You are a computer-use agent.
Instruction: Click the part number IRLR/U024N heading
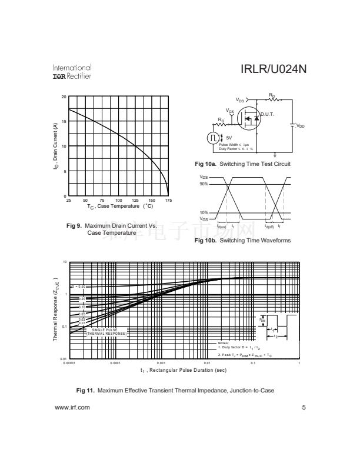click(x=274, y=70)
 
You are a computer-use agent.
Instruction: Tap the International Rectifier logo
click(x=72, y=72)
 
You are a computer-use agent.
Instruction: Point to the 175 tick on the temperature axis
click(x=168, y=201)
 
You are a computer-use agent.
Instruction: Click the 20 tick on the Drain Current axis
click(x=64, y=96)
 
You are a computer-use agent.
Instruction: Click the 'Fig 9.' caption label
click(x=75, y=226)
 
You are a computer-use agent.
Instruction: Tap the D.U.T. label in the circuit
click(x=268, y=114)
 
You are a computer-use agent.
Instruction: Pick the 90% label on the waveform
click(x=204, y=184)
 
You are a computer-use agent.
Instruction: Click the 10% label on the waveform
click(x=204, y=212)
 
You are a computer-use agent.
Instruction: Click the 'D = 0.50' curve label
click(x=78, y=287)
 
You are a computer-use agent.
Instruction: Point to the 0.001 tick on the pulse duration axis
click(x=161, y=363)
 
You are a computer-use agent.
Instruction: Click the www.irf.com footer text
click(x=72, y=407)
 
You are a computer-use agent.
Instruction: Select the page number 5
click(x=304, y=407)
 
